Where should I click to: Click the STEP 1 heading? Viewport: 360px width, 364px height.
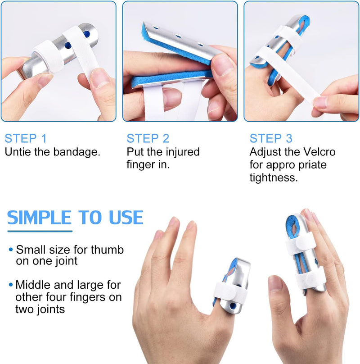[x=26, y=138]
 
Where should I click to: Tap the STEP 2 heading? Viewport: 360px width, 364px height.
[x=148, y=138]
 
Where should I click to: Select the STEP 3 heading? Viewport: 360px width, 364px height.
[x=271, y=138]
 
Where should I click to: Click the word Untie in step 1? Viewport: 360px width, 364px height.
[x=18, y=152]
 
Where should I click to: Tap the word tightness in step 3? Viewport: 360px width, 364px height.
[x=274, y=177]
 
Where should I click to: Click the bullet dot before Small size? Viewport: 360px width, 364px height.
[x=10, y=250]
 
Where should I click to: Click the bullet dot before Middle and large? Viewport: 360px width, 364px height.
[x=10, y=285]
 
